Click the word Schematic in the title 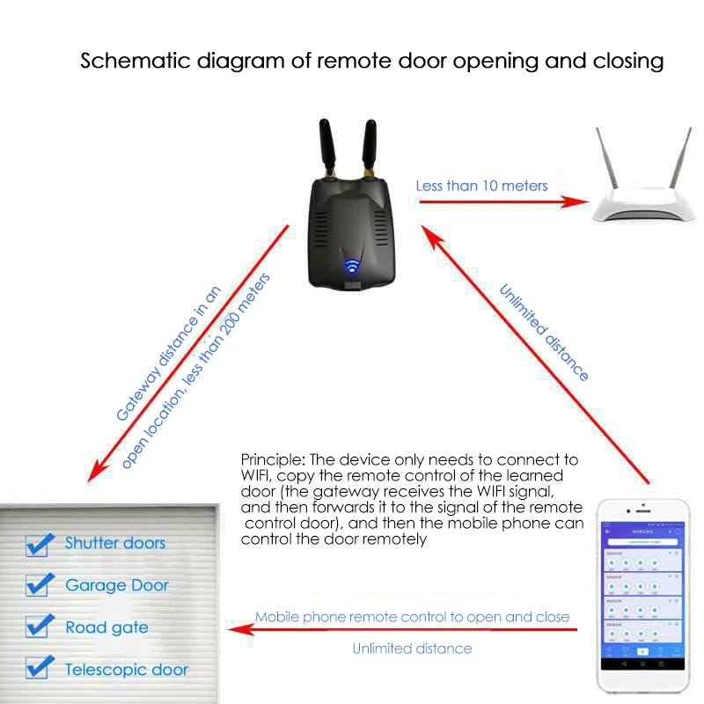pos(124,61)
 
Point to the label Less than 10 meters pos(481,186)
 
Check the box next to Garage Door pos(37,585)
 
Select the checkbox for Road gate pos(37,627)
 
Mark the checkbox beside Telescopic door pos(37,669)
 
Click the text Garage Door pos(117,585)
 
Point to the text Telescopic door pos(127,670)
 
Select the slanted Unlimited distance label pos(544,333)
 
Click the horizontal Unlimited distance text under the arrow pos(412,649)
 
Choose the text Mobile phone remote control pos(352,617)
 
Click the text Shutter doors pos(114,543)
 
